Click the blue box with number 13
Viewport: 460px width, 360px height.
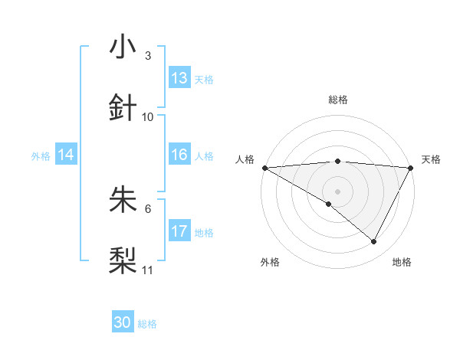[179, 78]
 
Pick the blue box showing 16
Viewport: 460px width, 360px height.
[179, 155]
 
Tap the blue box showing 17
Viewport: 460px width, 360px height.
[179, 231]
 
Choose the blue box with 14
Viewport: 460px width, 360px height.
[66, 155]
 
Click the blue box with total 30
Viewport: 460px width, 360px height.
[123, 323]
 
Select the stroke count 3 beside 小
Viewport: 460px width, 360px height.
[148, 56]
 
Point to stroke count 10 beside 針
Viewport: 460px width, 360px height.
[148, 117]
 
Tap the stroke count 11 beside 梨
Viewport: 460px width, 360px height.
[148, 270]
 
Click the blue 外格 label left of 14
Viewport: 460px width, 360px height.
[41, 156]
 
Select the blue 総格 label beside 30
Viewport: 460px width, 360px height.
[147, 325]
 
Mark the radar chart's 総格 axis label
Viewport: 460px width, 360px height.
[338, 100]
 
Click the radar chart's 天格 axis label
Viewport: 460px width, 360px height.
[432, 159]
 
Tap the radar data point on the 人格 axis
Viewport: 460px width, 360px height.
[264, 168]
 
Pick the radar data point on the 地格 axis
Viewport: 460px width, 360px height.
[374, 241]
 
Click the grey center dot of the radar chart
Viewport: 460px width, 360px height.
[338, 191]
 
